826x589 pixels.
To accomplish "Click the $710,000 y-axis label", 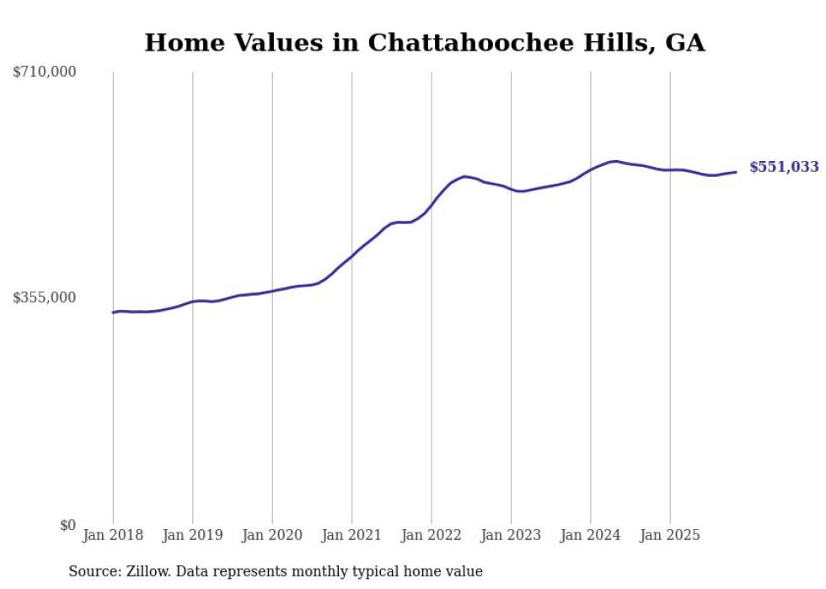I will (x=45, y=72).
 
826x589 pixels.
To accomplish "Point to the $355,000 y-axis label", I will (x=45, y=297).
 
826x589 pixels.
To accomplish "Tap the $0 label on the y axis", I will (x=67, y=525).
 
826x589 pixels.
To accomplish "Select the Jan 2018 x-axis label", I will (x=113, y=535).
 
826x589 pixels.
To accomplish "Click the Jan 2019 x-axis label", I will (x=192, y=535).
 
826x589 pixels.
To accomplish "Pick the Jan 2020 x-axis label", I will (x=272, y=535).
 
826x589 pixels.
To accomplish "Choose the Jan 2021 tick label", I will (x=351, y=535).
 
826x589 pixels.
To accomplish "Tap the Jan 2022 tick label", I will (x=432, y=535).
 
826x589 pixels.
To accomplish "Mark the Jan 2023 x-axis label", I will (x=511, y=535).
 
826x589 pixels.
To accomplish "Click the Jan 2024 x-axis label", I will (x=591, y=535).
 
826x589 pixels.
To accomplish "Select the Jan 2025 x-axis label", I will (x=670, y=535).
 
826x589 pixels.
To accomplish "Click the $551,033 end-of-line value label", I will (x=784, y=168).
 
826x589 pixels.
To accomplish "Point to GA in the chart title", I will (x=685, y=43).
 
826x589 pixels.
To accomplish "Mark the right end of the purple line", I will (x=737, y=172).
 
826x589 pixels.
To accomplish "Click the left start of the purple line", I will (x=113, y=313).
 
